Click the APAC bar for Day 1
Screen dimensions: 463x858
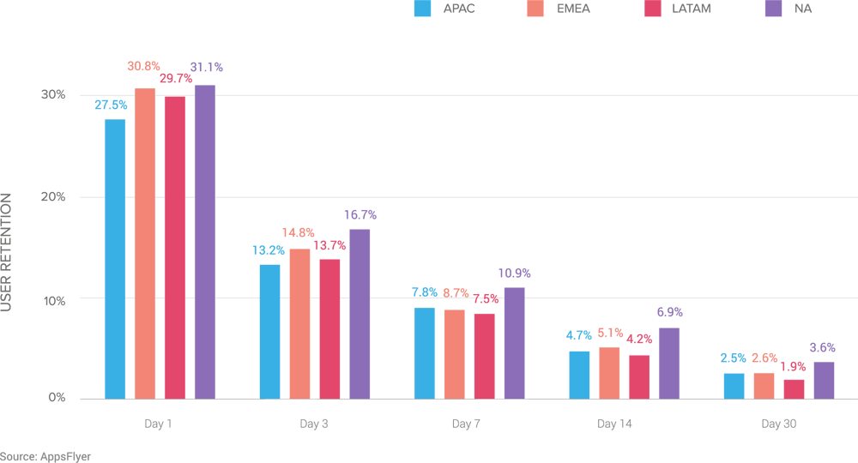[x=115, y=258]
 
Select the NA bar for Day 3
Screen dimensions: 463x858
[x=360, y=314]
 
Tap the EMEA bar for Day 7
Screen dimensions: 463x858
[x=454, y=354]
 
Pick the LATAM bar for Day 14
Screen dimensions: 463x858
[x=638, y=376]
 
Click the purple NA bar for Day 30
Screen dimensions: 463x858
[x=824, y=380]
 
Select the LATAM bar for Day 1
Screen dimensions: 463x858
[x=175, y=247]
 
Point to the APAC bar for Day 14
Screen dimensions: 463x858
[x=579, y=375]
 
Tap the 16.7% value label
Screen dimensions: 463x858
[x=360, y=214]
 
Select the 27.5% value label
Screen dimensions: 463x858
[x=111, y=105]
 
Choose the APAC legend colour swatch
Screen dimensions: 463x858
[x=422, y=9]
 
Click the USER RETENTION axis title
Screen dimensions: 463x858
[x=7, y=252]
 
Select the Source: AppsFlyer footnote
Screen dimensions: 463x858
[x=45, y=456]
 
